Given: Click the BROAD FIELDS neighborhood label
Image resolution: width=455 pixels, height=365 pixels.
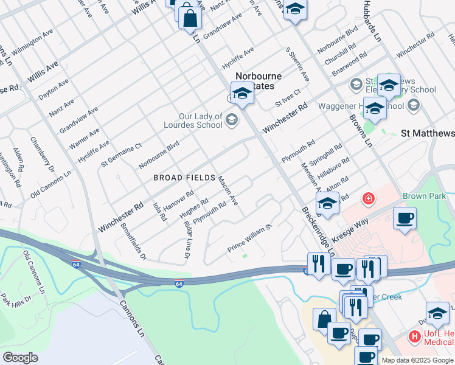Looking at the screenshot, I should tap(184, 178).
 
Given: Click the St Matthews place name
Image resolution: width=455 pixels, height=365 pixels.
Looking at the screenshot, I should tap(427, 133).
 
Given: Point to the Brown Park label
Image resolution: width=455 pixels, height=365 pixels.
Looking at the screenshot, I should tap(424, 196).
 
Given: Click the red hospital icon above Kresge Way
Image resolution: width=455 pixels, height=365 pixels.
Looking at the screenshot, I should tap(368, 198).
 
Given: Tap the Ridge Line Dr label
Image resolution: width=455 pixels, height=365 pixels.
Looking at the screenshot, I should tap(187, 238).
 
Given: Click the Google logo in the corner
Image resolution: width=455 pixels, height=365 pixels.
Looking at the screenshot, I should tap(21, 358).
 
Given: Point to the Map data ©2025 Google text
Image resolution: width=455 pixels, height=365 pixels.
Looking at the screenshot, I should tap(417, 360).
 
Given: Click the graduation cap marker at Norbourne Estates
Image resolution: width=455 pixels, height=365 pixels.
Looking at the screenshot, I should tap(242, 94).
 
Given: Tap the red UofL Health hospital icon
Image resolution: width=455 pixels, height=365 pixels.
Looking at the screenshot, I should tap(414, 336).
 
